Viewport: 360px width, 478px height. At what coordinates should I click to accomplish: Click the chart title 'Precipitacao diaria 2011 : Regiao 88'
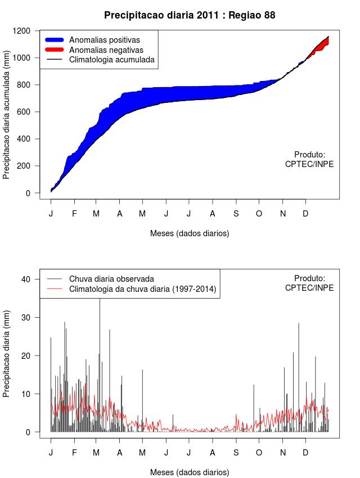click(190, 15)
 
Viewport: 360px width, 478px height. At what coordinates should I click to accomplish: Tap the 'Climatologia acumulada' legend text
click(111, 60)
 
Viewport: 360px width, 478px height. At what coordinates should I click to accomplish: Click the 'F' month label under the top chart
click(74, 214)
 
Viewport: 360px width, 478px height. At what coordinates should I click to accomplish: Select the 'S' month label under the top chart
click(236, 214)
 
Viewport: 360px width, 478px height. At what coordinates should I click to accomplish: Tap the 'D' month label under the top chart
click(305, 214)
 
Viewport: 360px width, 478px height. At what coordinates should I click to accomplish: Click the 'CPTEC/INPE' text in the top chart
click(309, 164)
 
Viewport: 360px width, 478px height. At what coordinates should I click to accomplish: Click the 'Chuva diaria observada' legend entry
click(111, 278)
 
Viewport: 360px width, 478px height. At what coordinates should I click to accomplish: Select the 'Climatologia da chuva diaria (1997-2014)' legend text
click(142, 289)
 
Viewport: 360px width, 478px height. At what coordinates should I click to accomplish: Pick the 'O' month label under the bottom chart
click(259, 452)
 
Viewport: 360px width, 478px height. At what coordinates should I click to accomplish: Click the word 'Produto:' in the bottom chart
click(310, 278)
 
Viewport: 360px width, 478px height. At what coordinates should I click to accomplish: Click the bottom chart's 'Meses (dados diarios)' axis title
click(190, 472)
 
